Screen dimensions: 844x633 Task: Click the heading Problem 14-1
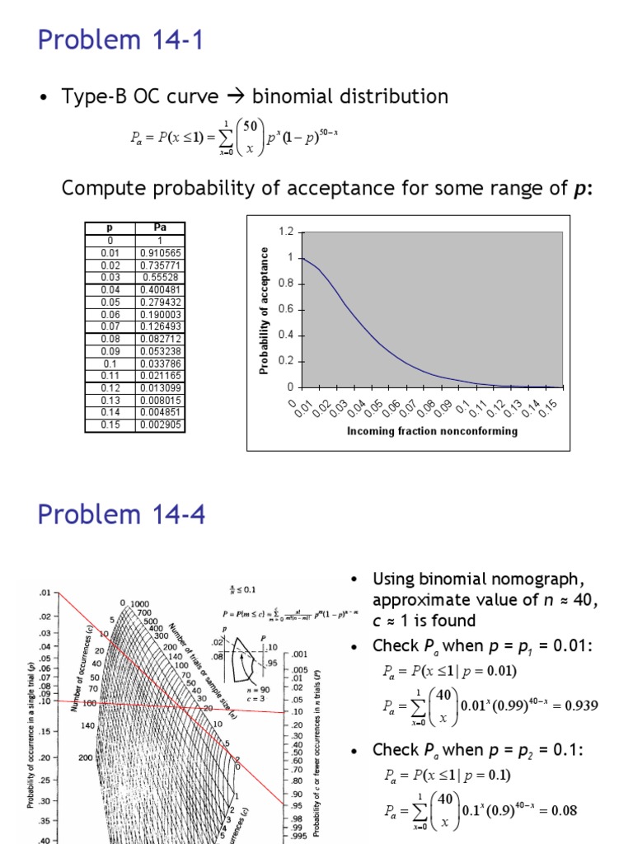121,39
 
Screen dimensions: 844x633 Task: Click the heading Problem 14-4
121,516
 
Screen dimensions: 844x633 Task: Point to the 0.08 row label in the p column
109,339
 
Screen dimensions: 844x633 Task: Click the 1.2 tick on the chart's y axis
285,232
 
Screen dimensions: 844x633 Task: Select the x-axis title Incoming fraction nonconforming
432,430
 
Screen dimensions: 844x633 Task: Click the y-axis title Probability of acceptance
265,310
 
